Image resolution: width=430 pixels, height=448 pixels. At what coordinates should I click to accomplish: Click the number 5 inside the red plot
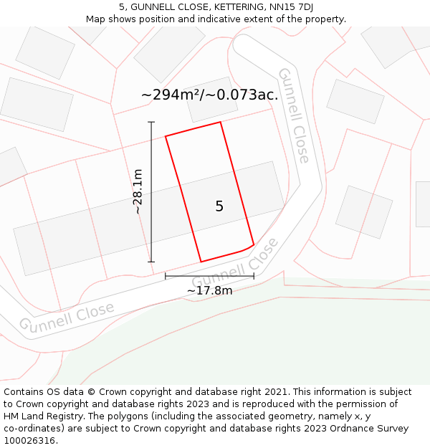pyautogui.click(x=219, y=206)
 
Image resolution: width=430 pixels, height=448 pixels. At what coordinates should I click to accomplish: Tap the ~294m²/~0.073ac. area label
pyautogui.click(x=209, y=95)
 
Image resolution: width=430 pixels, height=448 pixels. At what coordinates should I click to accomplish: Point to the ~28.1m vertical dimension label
pyautogui.click(x=138, y=191)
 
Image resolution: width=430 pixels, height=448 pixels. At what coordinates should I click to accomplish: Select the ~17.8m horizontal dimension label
pyautogui.click(x=209, y=290)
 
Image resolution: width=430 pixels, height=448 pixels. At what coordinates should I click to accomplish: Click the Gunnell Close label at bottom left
pyautogui.click(x=67, y=317)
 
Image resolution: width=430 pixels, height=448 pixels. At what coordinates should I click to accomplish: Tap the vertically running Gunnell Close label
pyautogui.click(x=294, y=115)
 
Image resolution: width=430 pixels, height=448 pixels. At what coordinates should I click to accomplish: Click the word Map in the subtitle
pyautogui.click(x=96, y=19)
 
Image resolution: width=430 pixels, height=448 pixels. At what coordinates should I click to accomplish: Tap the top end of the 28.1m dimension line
pyautogui.click(x=151, y=122)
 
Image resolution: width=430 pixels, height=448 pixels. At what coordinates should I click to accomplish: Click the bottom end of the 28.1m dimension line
pyautogui.click(x=151, y=262)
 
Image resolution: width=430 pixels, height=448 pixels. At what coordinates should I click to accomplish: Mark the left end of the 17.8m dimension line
pyautogui.click(x=166, y=276)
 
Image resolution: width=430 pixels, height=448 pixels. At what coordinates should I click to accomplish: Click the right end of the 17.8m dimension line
pyautogui.click(x=254, y=276)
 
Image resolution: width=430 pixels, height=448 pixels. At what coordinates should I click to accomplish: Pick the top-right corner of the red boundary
pyautogui.click(x=220, y=122)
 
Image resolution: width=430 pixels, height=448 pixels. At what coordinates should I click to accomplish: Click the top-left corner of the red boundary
pyautogui.click(x=166, y=136)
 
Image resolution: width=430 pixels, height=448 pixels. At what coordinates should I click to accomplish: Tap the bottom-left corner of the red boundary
pyautogui.click(x=201, y=262)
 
